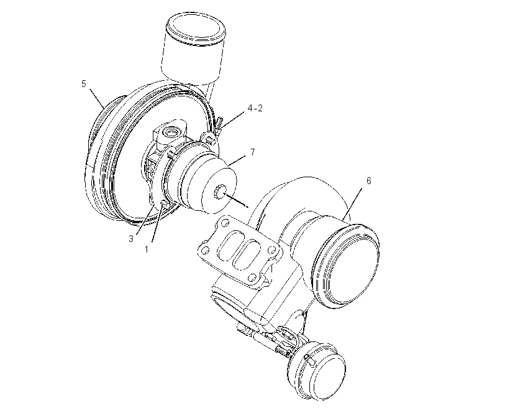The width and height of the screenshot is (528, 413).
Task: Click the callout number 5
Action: pyautogui.click(x=84, y=83)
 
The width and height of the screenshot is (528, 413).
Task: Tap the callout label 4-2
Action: pyautogui.click(x=255, y=108)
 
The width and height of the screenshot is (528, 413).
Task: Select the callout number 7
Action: pyautogui.click(x=253, y=152)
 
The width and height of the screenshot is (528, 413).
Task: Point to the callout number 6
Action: pyautogui.click(x=369, y=181)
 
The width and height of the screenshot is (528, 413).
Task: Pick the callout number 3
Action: pyautogui.click(x=131, y=239)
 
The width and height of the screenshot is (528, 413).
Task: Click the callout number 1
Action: pyautogui.click(x=147, y=249)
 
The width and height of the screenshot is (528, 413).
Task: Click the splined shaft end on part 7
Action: pyautogui.click(x=221, y=192)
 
